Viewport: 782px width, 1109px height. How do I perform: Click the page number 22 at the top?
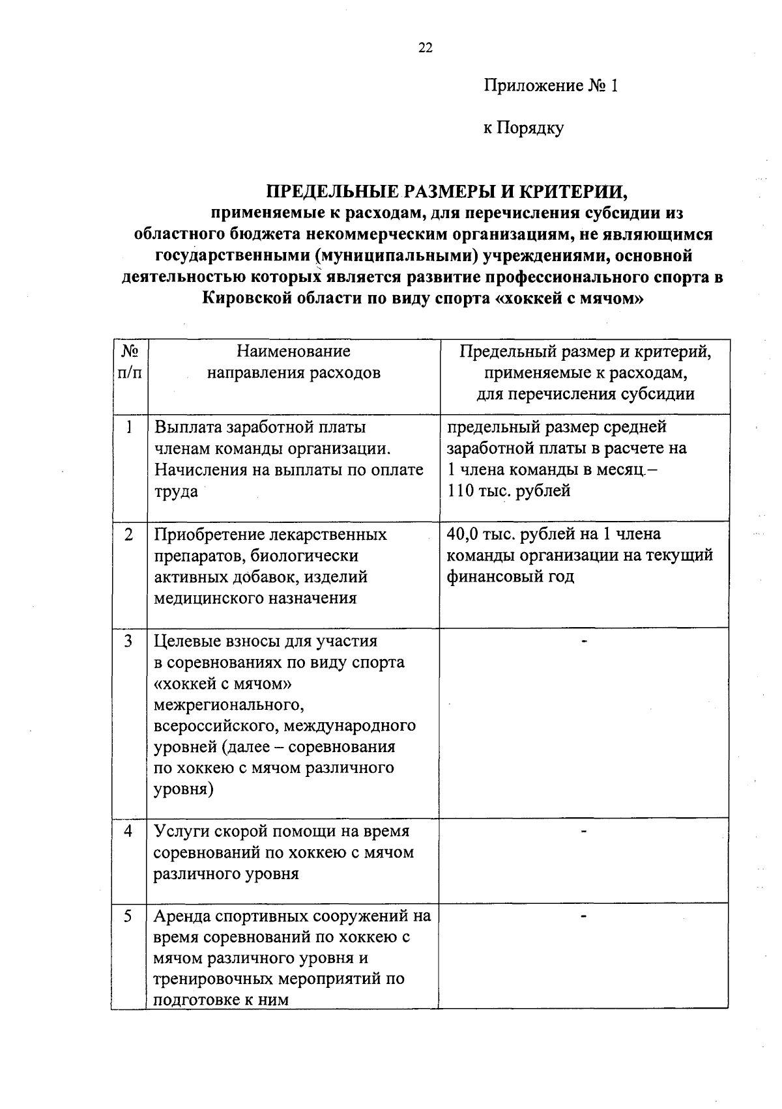click(425, 48)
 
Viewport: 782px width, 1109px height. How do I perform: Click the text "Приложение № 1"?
click(550, 86)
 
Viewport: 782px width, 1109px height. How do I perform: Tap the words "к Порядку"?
click(523, 128)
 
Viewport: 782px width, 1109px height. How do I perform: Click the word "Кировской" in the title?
click(246, 298)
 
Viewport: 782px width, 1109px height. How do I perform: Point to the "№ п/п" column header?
click(130, 362)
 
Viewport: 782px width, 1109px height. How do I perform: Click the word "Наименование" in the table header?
click(293, 352)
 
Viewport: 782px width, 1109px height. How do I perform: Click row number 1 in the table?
click(130, 427)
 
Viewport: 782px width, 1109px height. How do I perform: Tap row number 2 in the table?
click(130, 534)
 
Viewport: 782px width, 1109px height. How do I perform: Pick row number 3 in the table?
click(130, 641)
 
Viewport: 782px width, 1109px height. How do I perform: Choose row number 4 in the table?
click(130, 831)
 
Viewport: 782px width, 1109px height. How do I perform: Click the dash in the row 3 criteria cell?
click(585, 642)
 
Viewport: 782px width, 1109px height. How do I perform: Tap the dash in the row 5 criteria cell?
click(585, 917)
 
